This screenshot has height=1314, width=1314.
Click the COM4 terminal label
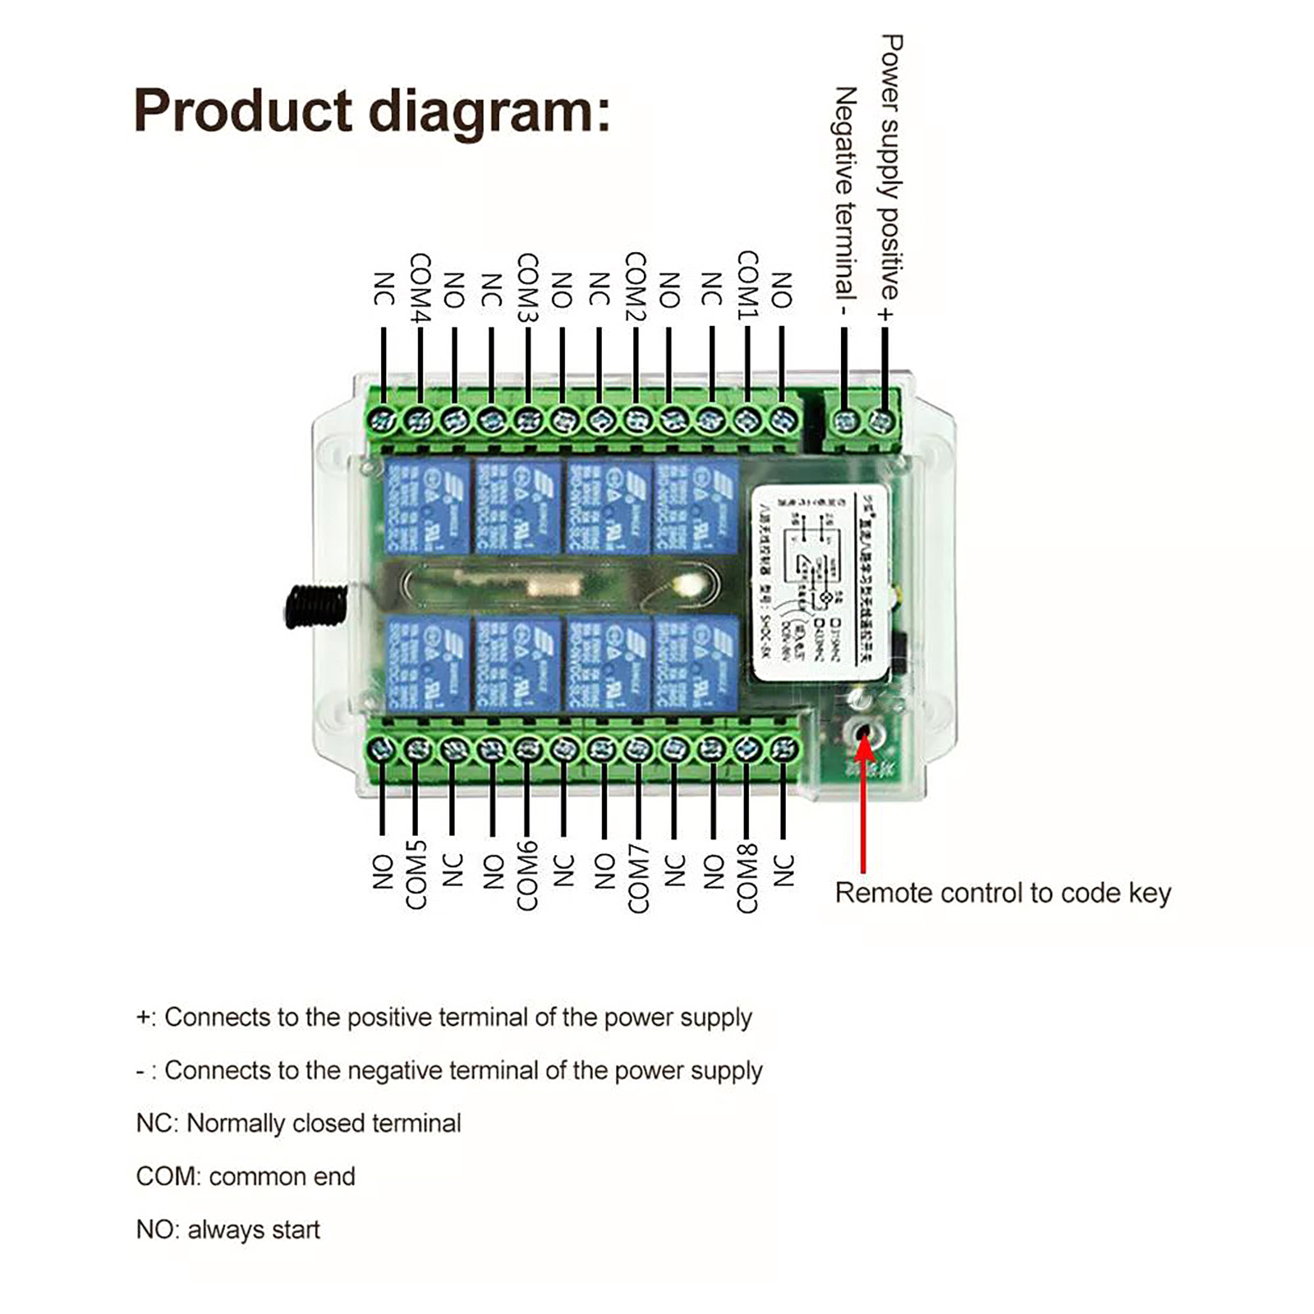click(420, 287)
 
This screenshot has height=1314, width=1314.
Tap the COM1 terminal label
click(747, 285)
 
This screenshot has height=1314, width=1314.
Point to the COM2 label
click(636, 286)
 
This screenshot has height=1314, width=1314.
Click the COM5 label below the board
click(416, 875)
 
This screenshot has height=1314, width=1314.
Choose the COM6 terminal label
click(527, 875)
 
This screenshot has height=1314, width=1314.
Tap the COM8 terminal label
click(747, 877)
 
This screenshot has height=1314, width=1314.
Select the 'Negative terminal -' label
click(845, 202)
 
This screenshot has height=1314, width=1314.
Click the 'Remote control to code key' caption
click(1003, 894)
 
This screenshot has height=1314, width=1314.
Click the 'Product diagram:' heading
click(372, 111)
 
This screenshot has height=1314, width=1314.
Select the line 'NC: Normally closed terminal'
click(298, 1123)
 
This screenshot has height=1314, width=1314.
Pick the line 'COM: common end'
click(246, 1177)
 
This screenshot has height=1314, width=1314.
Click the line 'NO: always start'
click(227, 1230)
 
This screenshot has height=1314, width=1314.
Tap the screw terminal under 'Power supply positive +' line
click(882, 422)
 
